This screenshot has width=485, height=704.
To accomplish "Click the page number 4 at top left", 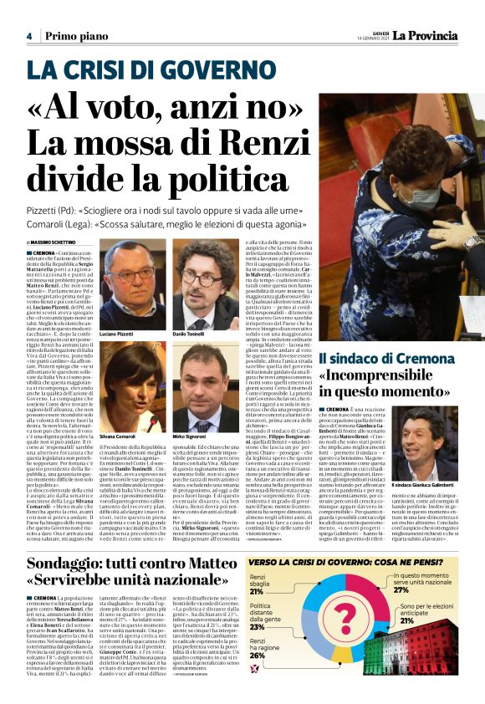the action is click(28, 36).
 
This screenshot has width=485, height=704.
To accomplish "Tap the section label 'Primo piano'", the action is click(71, 36).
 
